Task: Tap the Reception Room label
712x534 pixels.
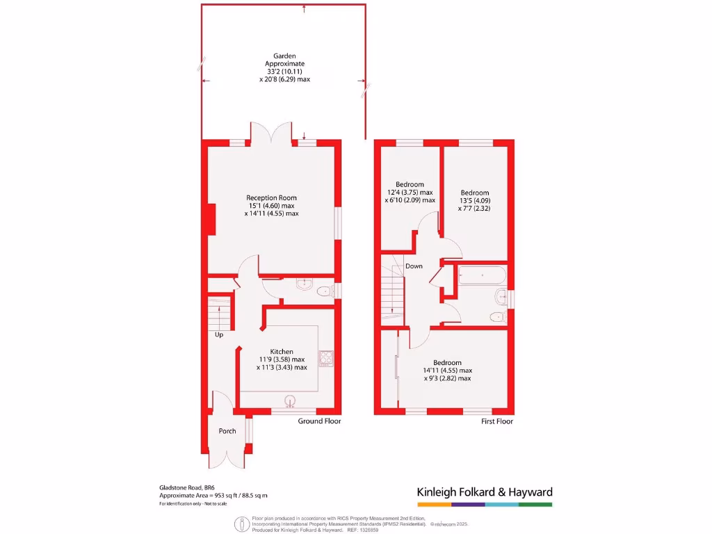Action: point(271,198)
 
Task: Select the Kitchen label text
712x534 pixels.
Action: point(282,352)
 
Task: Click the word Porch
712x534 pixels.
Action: point(227,431)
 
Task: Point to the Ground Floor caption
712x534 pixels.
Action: point(319,421)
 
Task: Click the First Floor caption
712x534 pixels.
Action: point(496,421)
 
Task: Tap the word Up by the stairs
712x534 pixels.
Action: point(219,334)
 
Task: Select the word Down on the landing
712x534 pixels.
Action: point(414,266)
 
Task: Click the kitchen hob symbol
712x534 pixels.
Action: point(326,358)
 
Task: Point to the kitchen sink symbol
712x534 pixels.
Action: point(290,399)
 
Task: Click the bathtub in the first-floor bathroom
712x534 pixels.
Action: point(482,276)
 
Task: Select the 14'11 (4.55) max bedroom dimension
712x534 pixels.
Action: point(448,371)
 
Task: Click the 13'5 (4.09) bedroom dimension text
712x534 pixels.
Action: point(475,200)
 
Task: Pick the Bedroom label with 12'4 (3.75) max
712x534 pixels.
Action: point(410,185)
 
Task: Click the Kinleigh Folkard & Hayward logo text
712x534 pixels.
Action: point(484,492)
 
